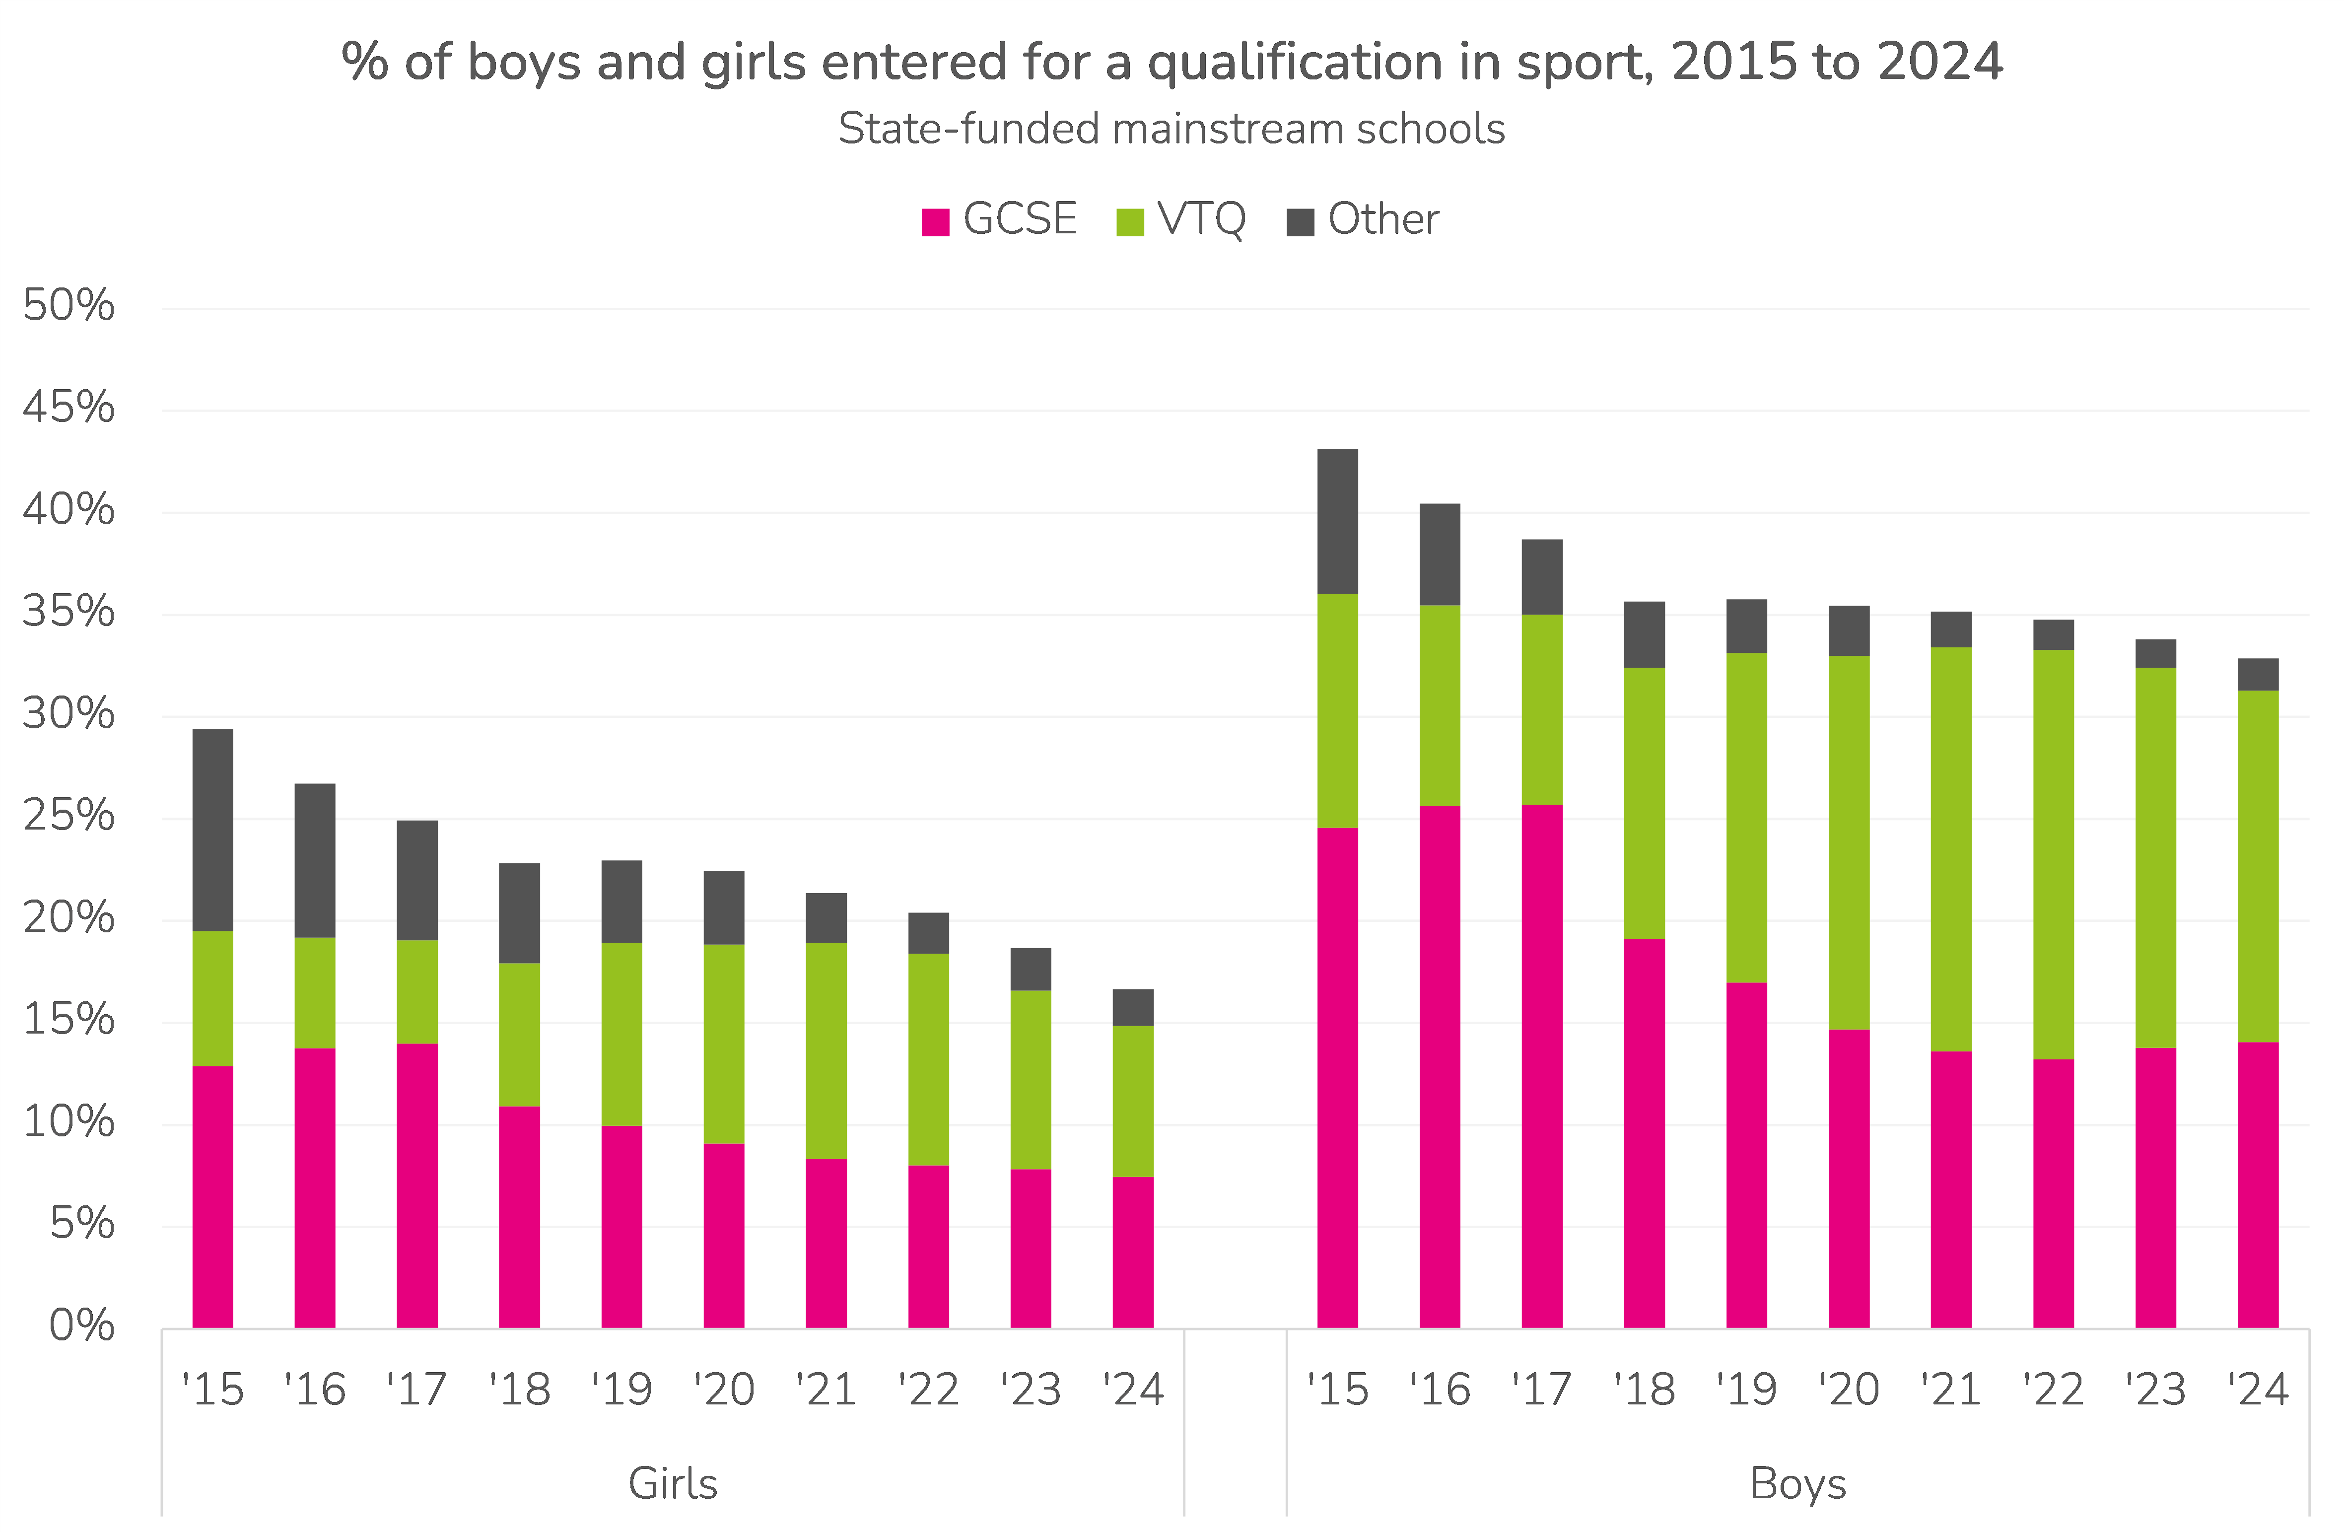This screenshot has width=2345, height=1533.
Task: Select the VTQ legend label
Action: coord(1201,219)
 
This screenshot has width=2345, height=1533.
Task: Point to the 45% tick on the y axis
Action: coord(68,407)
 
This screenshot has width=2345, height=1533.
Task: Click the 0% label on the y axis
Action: coord(82,1325)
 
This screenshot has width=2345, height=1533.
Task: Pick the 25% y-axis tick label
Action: coord(68,816)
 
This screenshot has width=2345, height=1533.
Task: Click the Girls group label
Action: coord(673,1483)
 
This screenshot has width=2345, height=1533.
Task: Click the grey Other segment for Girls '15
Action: coord(213,830)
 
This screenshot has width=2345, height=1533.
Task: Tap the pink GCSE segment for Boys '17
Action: coord(1542,1066)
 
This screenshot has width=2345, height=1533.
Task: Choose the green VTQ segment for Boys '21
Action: coord(1951,849)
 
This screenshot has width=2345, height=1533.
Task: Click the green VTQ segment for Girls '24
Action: coord(1133,1102)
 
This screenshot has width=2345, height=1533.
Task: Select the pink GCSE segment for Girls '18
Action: coord(519,1217)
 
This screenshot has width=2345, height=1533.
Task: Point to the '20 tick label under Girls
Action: coord(724,1389)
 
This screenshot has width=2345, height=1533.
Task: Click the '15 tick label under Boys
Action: coord(1337,1389)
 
